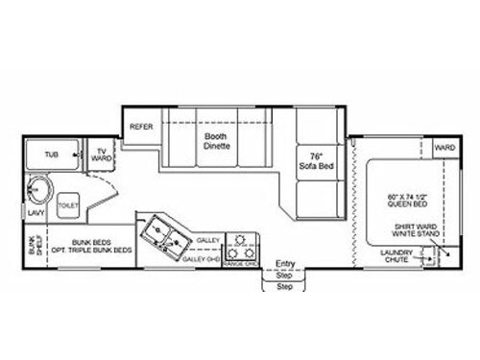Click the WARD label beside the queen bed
[x=444, y=149]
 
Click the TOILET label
[x=68, y=204]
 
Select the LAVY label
[x=36, y=213]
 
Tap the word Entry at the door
[x=285, y=263]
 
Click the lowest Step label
[x=284, y=285]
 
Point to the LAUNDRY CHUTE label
[x=399, y=257]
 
